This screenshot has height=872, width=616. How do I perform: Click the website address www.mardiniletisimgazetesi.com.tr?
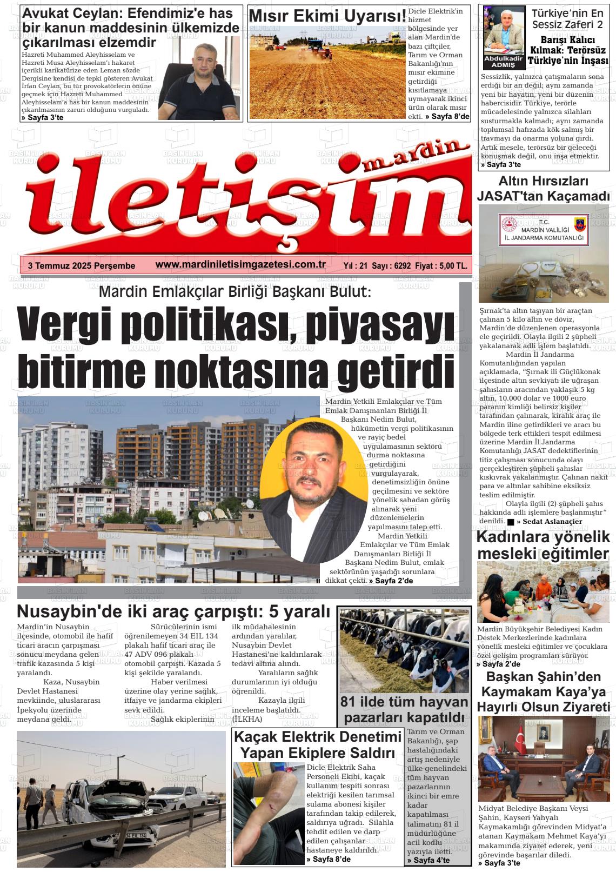pyautogui.click(x=240, y=264)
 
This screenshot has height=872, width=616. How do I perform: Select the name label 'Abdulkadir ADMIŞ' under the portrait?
pyautogui.click(x=503, y=61)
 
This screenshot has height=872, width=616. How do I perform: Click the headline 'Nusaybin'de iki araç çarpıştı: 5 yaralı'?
pyautogui.click(x=173, y=612)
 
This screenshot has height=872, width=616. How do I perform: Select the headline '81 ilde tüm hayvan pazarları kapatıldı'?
pyautogui.click(x=404, y=709)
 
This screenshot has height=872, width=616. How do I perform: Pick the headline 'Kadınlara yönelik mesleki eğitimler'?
pyautogui.click(x=543, y=545)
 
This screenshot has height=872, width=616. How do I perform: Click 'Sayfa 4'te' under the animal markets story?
pyautogui.click(x=428, y=860)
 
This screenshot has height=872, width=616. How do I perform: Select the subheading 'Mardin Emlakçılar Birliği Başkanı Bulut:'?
pyautogui.click(x=235, y=292)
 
